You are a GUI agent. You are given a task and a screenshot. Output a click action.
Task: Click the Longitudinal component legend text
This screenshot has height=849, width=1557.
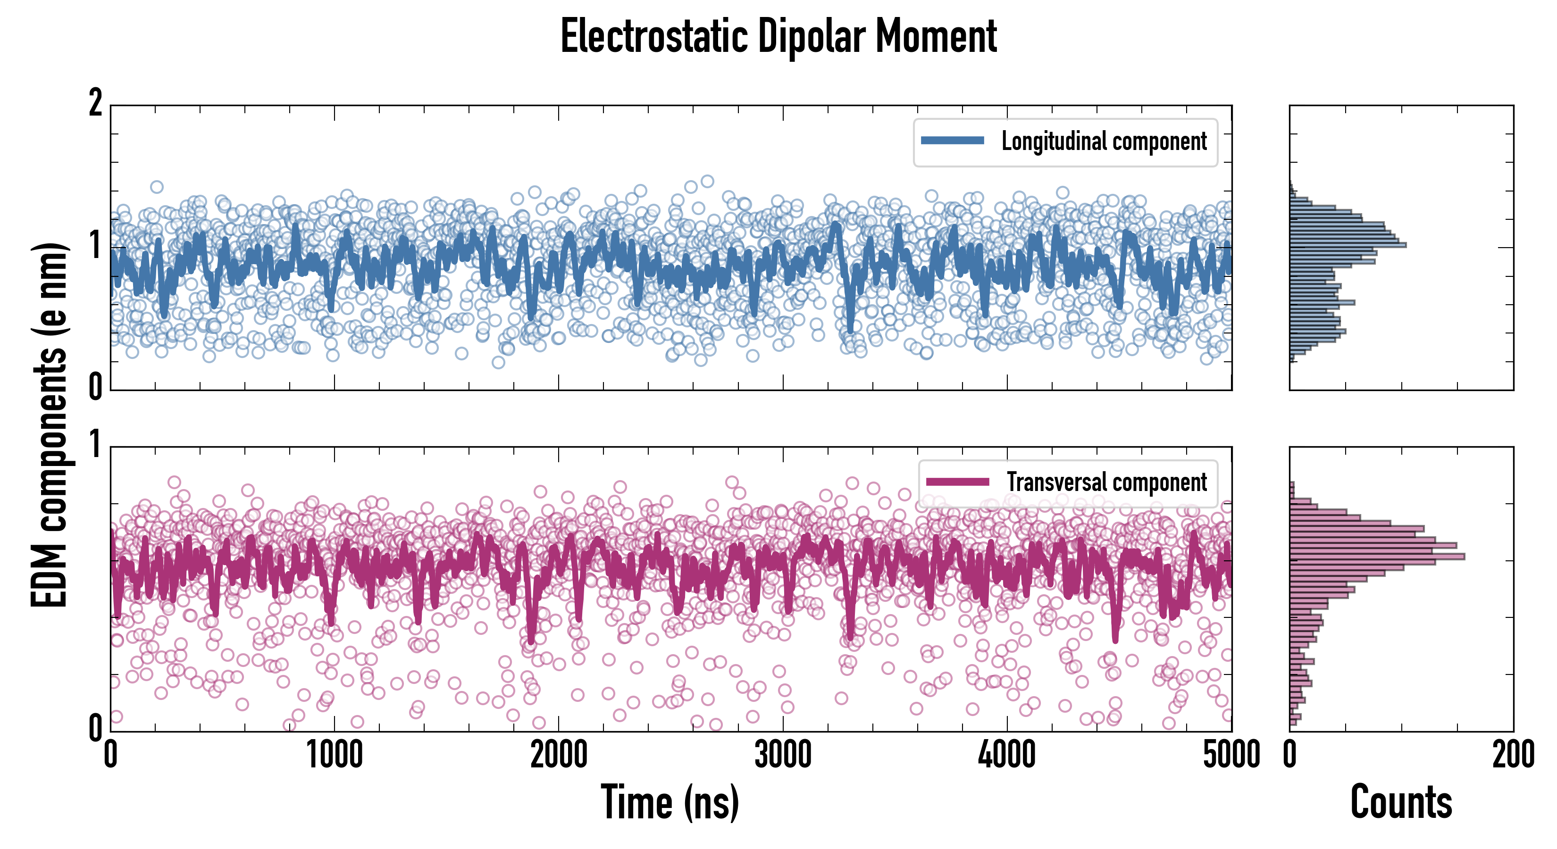click(x=1104, y=141)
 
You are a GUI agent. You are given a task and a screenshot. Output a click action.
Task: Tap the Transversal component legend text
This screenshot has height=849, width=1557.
click(x=1107, y=482)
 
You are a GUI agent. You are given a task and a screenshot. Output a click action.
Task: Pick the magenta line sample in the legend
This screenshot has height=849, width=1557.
click(x=957, y=482)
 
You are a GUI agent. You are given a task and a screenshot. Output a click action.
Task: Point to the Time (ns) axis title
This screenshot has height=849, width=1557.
click(x=670, y=802)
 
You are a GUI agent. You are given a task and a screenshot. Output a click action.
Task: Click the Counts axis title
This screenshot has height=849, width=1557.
click(x=1401, y=802)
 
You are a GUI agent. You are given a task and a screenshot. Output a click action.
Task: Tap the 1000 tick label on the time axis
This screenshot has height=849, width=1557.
click(x=334, y=755)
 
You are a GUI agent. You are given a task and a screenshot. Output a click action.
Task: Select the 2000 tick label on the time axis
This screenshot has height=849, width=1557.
click(x=559, y=755)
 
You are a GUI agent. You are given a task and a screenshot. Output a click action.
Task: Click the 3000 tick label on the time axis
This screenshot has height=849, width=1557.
click(x=783, y=755)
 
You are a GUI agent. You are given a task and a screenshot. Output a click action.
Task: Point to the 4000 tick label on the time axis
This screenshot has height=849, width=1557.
click(x=1007, y=755)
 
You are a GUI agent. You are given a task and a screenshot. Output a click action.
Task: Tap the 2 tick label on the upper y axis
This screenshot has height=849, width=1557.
click(x=95, y=103)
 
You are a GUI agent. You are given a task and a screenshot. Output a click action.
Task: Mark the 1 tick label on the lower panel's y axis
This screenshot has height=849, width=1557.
click(x=95, y=445)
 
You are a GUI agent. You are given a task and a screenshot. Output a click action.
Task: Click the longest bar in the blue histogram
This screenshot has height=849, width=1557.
click(x=1348, y=245)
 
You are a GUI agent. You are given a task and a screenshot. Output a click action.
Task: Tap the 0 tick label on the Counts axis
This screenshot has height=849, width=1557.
click(x=1290, y=755)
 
